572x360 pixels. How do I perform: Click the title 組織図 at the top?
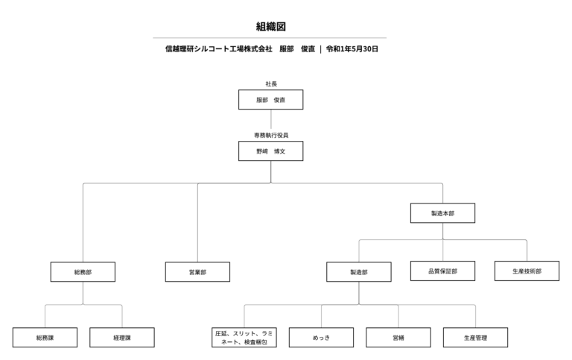(270, 26)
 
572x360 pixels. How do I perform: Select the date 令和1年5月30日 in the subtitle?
(352, 49)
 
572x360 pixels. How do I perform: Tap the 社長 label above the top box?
(270, 83)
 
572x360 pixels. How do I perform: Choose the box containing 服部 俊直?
(270, 99)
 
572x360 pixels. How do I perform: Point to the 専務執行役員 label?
(270, 135)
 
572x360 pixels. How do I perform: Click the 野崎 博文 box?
(270, 151)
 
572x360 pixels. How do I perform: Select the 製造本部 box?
(442, 213)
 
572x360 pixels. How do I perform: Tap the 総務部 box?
(83, 272)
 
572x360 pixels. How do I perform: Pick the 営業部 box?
(197, 272)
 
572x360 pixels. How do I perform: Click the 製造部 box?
(359, 272)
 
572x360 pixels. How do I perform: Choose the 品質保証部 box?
(442, 271)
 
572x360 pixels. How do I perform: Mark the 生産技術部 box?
(527, 271)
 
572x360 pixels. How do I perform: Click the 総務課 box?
(45, 338)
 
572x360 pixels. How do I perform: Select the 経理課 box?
(122, 338)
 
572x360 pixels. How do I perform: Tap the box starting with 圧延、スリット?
(244, 338)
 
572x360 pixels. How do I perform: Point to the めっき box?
(321, 338)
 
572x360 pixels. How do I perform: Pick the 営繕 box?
(398, 338)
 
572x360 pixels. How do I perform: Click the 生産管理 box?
(475, 338)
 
